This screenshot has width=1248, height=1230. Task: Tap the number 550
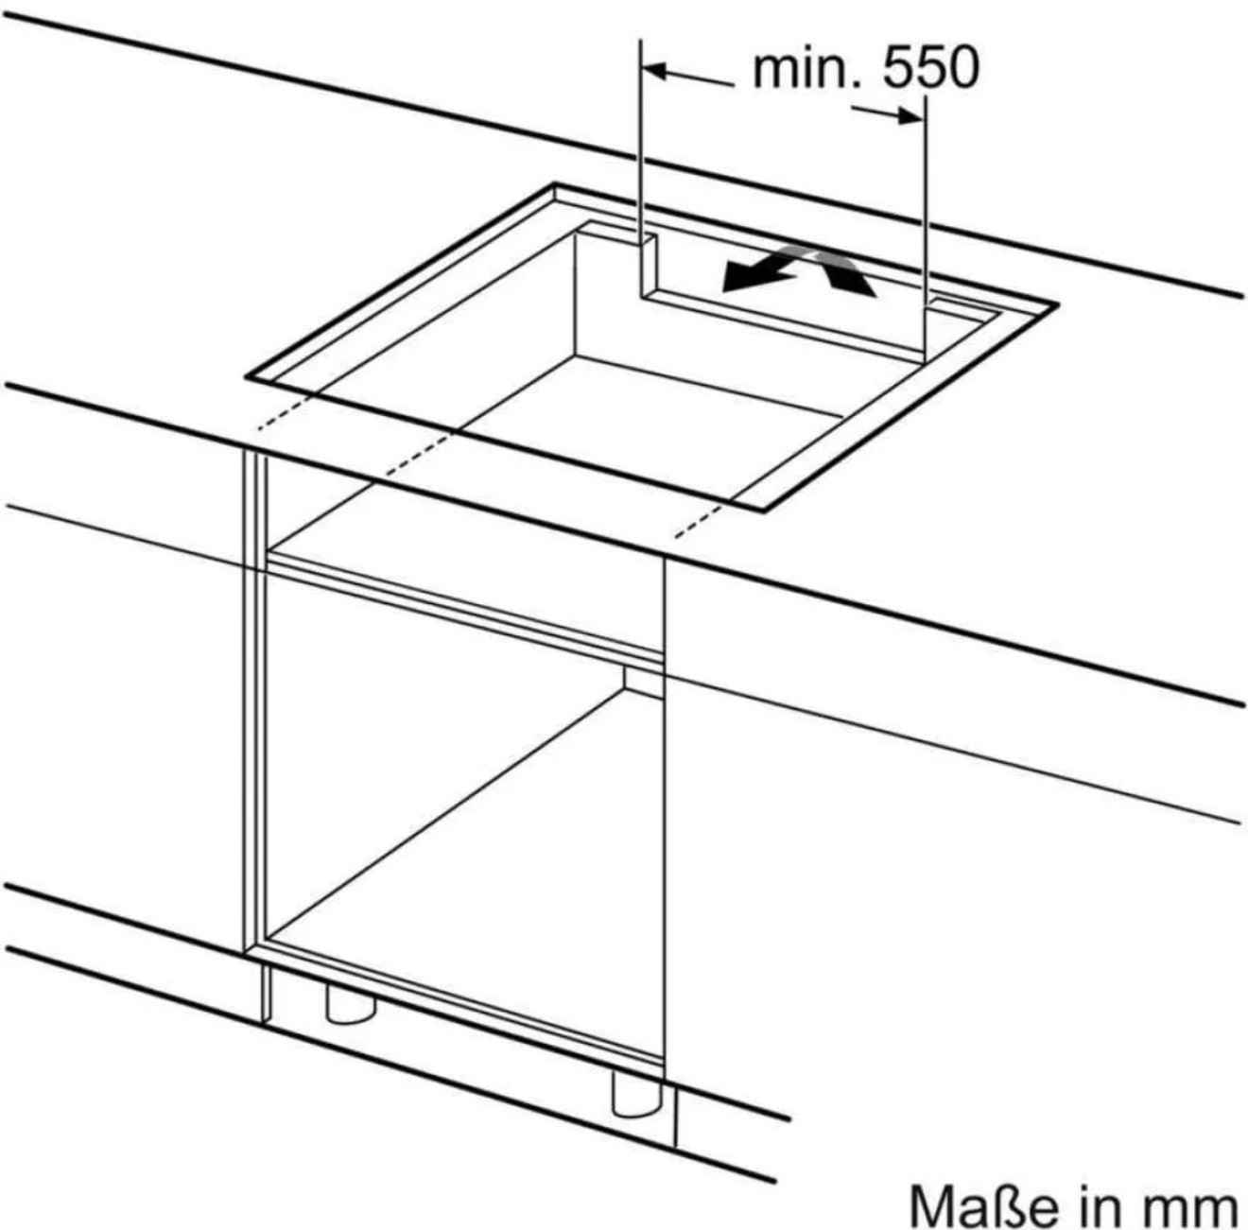coord(931,68)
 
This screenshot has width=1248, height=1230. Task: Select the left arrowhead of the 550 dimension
coord(657,70)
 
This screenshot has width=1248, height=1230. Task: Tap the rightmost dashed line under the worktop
coord(698,522)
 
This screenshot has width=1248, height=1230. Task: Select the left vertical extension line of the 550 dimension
coord(640,143)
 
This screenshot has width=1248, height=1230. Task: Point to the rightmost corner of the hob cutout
coord(1058,303)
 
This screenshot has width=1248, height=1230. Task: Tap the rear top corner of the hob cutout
coord(554,184)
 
